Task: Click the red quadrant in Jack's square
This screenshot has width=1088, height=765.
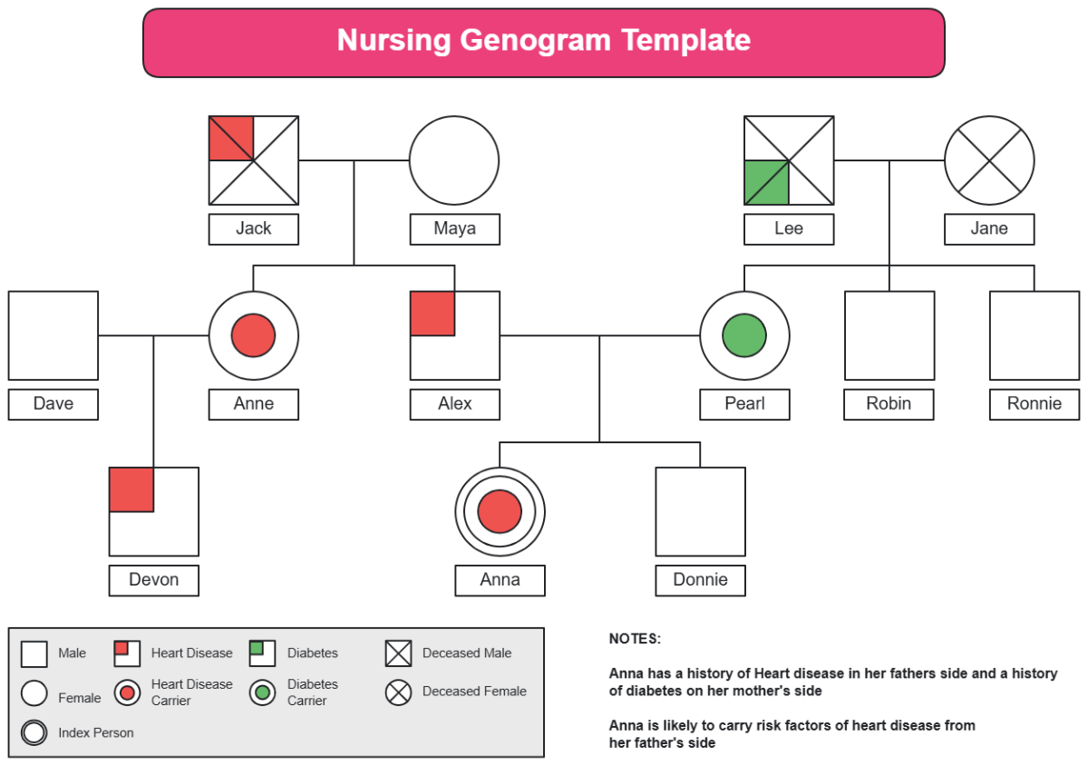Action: (231, 138)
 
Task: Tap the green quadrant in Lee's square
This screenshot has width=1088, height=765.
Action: (766, 182)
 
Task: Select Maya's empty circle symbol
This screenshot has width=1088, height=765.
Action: (454, 160)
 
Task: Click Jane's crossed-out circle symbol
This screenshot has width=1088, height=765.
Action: (989, 160)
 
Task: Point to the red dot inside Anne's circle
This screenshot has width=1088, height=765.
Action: (254, 335)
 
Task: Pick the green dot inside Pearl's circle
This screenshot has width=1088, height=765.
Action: (744, 335)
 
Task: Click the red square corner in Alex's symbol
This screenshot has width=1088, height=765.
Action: (432, 314)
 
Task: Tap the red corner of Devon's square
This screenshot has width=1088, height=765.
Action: (131, 489)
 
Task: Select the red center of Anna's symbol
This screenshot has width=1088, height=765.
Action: (500, 512)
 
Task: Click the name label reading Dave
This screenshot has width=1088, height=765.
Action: (53, 404)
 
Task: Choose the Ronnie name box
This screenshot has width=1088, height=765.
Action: (1035, 404)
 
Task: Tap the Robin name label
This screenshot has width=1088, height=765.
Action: (889, 404)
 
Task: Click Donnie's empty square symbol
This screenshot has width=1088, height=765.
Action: (700, 512)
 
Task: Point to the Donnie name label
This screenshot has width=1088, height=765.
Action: (700, 580)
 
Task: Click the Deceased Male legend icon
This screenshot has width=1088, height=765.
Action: (398, 654)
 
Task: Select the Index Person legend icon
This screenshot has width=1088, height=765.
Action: (34, 732)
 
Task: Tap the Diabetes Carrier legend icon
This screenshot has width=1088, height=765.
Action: (263, 692)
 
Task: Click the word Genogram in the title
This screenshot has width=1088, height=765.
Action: (535, 40)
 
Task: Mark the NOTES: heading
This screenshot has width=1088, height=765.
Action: (635, 639)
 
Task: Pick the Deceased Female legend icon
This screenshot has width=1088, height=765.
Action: (398, 692)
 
